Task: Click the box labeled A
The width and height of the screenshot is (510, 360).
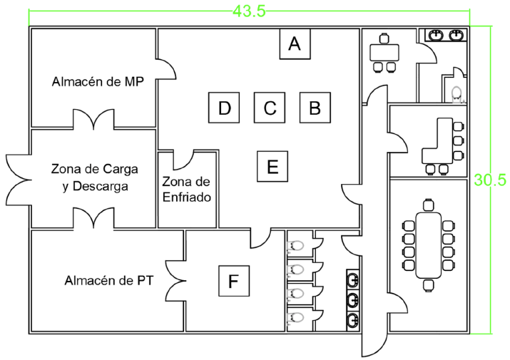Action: [x=295, y=44]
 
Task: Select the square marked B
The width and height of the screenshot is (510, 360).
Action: [x=315, y=108]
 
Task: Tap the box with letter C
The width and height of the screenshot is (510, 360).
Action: [x=270, y=108]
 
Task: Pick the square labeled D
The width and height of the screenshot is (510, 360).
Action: [x=224, y=108]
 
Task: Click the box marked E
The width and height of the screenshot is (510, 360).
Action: [x=272, y=166]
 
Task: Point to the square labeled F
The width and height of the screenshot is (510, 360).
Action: [x=234, y=281]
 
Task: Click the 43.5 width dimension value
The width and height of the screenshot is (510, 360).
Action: [x=249, y=11]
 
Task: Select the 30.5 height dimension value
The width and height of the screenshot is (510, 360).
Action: [x=490, y=180]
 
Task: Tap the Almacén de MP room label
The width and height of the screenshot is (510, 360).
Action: [x=98, y=82]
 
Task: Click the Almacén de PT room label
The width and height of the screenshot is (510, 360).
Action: [x=108, y=280]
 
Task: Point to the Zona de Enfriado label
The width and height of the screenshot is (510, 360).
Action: [x=186, y=190]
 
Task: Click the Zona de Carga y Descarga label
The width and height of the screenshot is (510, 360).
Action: [x=95, y=178]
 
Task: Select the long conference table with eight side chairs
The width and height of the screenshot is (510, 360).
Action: [x=429, y=245]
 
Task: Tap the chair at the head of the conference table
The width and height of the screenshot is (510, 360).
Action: [x=429, y=205]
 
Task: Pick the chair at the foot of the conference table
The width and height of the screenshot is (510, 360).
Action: [x=429, y=286]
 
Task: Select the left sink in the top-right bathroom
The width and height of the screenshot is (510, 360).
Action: [x=436, y=35]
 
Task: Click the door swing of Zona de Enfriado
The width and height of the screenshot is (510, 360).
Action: [x=184, y=160]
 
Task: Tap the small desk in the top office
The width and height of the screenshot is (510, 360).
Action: [x=384, y=53]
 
